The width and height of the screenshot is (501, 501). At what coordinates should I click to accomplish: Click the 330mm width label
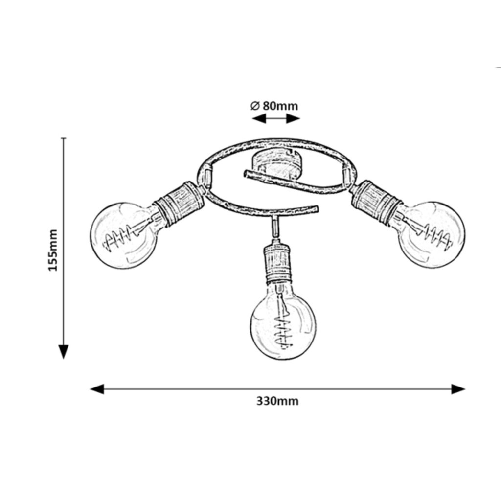[x=277, y=402]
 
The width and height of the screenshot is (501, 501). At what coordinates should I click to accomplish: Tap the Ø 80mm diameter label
[x=274, y=106]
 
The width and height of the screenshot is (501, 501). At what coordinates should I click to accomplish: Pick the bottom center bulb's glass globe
[x=282, y=325]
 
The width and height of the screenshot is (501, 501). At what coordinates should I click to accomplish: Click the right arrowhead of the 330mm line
[x=458, y=389]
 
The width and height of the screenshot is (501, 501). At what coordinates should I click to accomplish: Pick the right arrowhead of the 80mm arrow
[x=294, y=119]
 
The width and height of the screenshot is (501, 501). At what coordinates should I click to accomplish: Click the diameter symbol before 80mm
[x=254, y=106]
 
